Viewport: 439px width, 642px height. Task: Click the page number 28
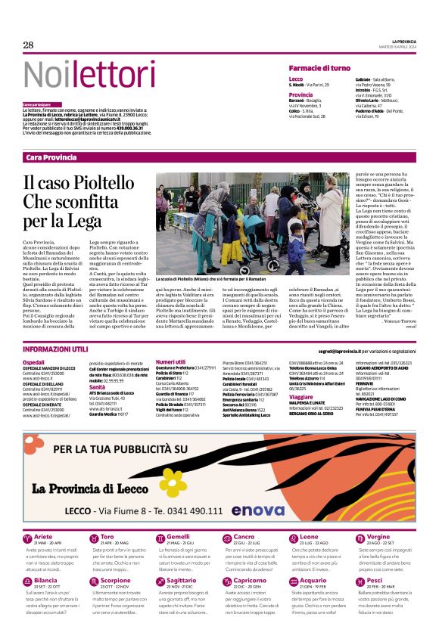point(29,45)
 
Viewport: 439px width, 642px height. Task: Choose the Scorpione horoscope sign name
point(115,580)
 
